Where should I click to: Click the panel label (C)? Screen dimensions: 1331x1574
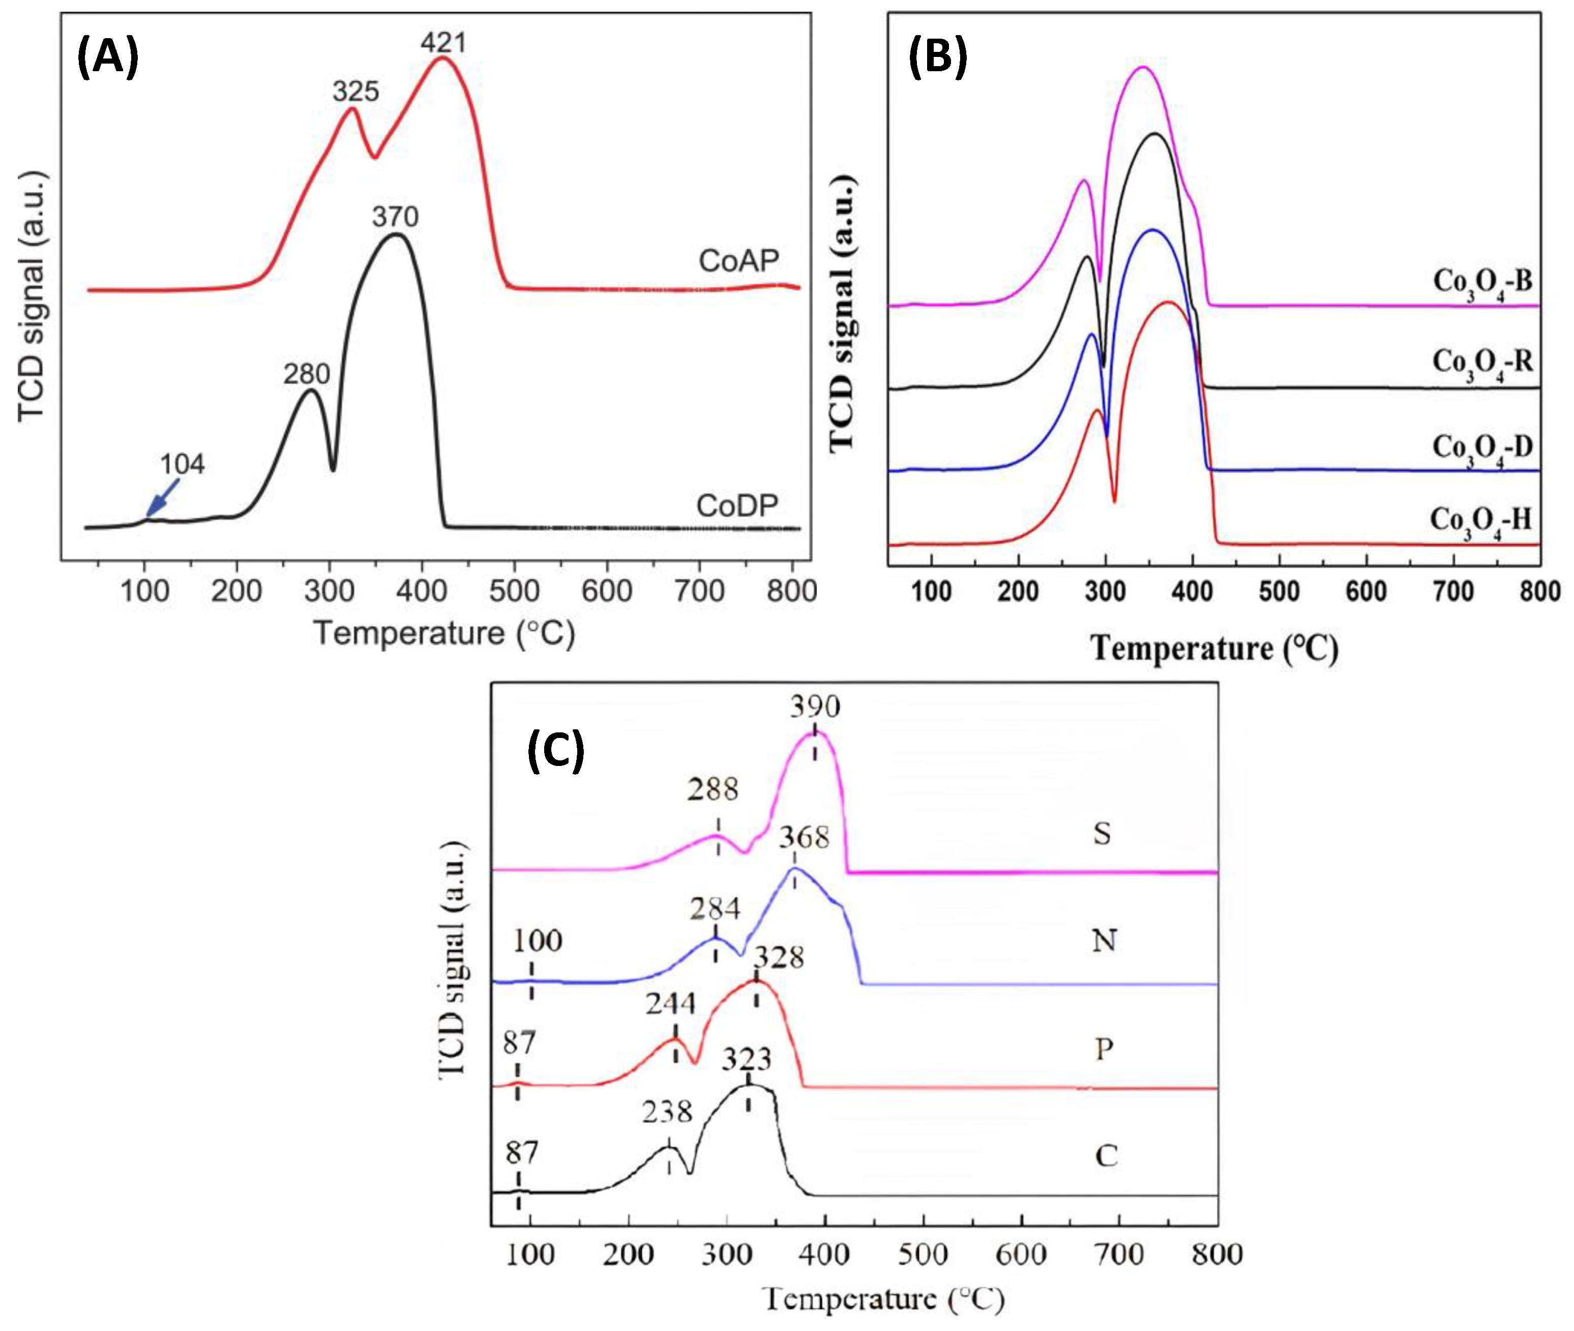coord(555,750)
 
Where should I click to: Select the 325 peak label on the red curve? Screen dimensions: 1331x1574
coord(355,92)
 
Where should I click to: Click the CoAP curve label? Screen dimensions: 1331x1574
coord(738,261)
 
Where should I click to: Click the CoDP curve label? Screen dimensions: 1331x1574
coord(736,506)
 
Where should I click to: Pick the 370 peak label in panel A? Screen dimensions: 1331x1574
coord(395,217)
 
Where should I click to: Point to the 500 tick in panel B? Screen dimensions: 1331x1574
coord(1279,591)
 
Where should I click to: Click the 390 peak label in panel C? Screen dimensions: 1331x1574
coord(815,707)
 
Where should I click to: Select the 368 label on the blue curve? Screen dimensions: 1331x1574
coord(804,838)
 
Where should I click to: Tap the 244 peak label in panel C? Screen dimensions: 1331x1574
coord(670,1004)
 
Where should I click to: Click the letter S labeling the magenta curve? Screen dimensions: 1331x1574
coord(1102,834)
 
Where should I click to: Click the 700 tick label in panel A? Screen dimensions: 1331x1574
coord(699,591)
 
